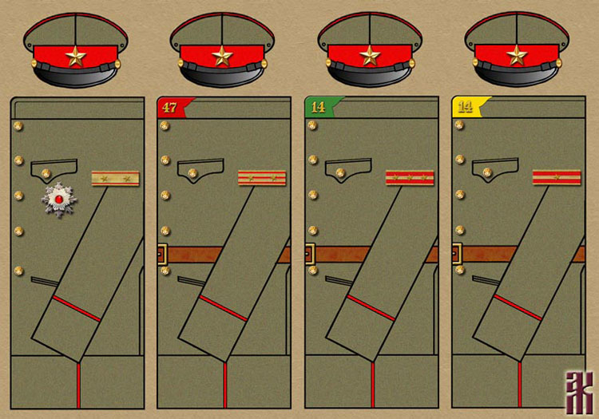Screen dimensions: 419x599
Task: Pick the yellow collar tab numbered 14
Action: click(x=466, y=107)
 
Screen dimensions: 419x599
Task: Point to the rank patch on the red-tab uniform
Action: click(x=262, y=178)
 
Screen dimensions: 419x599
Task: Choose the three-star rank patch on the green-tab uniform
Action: click(x=409, y=178)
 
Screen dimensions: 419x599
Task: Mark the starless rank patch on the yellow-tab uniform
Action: click(x=557, y=177)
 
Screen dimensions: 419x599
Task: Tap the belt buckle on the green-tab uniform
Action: click(x=309, y=255)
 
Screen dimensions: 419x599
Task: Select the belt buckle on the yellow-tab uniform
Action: click(x=457, y=255)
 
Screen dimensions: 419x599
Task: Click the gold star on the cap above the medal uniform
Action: click(x=76, y=56)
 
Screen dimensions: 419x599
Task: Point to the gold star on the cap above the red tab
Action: click(x=223, y=56)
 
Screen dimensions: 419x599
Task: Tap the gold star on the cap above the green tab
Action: click(x=370, y=56)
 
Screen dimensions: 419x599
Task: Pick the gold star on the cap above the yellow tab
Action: click(x=517, y=56)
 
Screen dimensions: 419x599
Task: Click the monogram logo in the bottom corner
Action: click(x=577, y=391)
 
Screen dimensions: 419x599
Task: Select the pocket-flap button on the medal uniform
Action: click(x=43, y=170)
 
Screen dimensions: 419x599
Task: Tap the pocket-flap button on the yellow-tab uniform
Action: click(x=485, y=170)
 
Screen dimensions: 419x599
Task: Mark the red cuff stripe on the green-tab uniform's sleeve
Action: click(x=371, y=308)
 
